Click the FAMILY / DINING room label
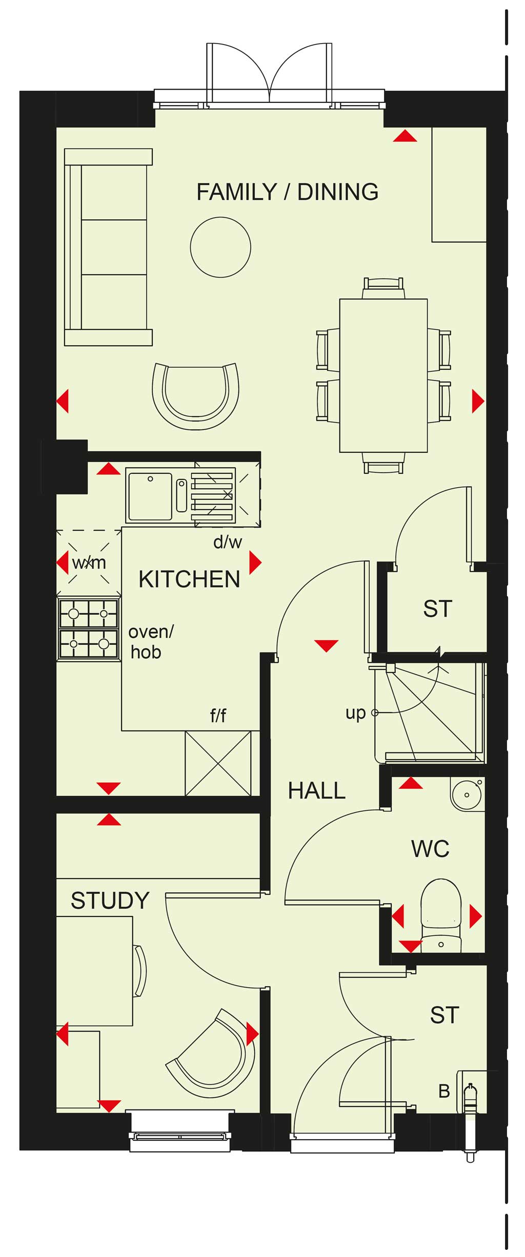[x=288, y=192]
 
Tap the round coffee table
[x=220, y=247]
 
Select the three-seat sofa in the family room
[x=108, y=247]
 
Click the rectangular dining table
[x=383, y=375]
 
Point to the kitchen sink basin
[x=150, y=496]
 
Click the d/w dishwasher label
[x=228, y=542]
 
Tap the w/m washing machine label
[x=89, y=562]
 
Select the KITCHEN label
[x=189, y=579]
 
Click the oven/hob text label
[x=151, y=642]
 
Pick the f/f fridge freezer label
[x=218, y=715]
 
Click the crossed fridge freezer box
[x=218, y=763]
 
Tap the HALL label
[x=317, y=790]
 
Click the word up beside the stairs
[x=355, y=713]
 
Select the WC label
[x=430, y=849]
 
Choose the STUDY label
[x=110, y=900]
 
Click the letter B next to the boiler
[x=444, y=1092]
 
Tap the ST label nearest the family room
[x=438, y=609]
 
